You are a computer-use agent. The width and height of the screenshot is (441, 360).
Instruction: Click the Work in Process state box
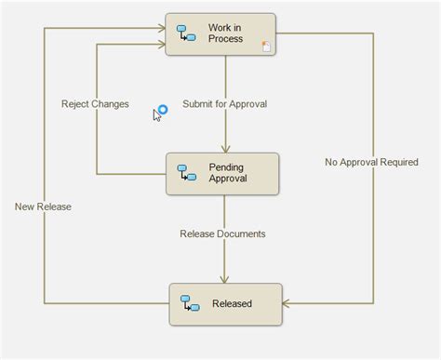(220, 33)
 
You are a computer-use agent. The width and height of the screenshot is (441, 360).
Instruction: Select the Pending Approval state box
(222, 173)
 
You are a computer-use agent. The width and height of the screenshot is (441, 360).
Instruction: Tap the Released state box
(225, 303)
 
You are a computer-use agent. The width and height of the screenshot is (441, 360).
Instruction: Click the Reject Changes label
(95, 103)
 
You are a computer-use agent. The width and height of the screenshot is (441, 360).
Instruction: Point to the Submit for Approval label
(224, 103)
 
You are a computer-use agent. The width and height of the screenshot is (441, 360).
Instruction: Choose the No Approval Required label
(371, 162)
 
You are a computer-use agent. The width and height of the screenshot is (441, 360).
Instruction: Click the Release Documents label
(222, 233)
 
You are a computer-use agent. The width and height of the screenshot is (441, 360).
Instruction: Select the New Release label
(43, 206)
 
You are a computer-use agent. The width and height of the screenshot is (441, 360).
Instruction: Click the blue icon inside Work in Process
(186, 33)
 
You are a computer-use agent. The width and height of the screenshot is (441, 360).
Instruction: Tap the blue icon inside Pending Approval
(186, 173)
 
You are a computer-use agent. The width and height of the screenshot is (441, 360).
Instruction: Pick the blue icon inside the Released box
(189, 303)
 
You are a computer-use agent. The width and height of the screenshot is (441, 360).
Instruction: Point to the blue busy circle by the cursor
(162, 110)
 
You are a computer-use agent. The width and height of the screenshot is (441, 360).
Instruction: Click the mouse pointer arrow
(157, 115)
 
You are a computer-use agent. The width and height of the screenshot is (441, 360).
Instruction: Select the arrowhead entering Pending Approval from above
(223, 148)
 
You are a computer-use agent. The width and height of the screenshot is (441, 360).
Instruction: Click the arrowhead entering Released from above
(224, 278)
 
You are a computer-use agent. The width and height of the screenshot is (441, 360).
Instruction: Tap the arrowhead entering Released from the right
(287, 303)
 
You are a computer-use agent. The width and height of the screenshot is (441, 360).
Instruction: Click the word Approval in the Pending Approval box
(229, 179)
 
